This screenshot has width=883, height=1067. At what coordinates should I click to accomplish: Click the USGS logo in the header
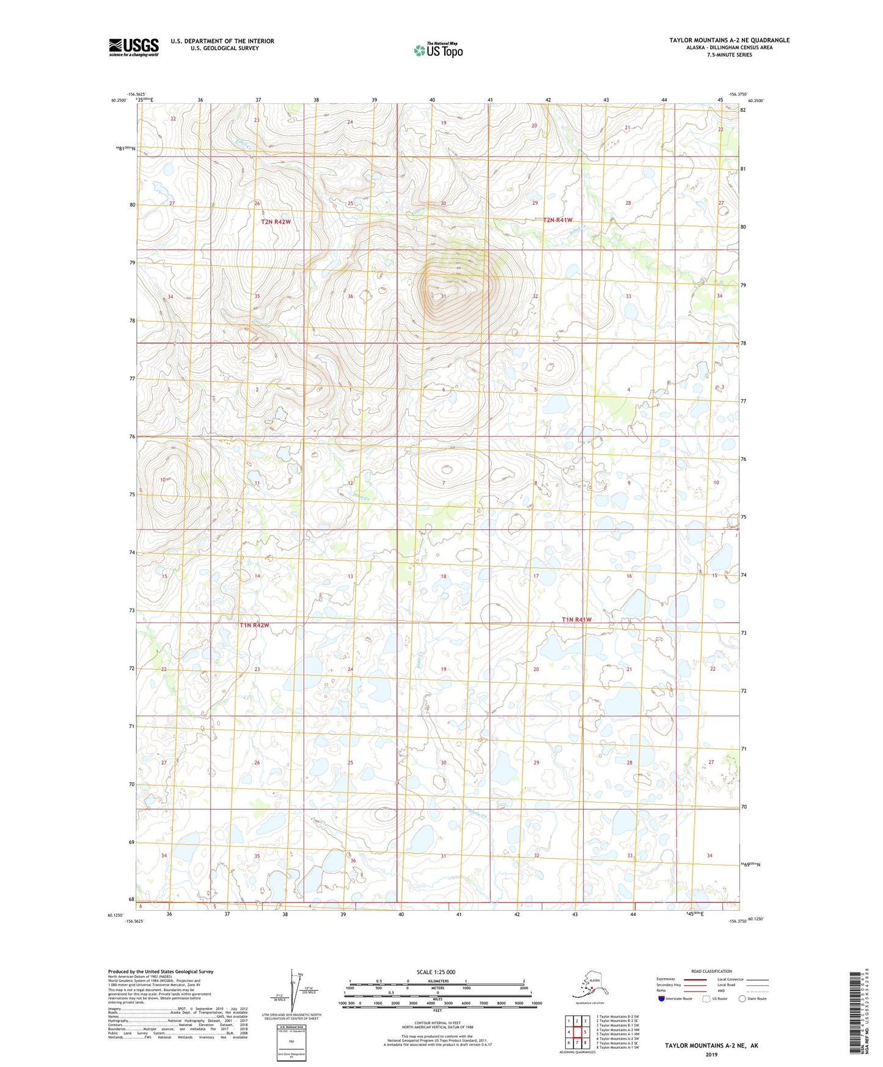click(x=133, y=47)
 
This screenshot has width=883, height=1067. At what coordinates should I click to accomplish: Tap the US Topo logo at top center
click(x=438, y=50)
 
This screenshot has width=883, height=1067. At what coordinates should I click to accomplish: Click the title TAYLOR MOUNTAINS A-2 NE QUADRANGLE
click(x=729, y=40)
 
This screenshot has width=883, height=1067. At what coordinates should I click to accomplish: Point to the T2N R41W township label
click(x=557, y=220)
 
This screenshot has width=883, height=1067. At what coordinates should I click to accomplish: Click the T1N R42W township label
click(x=254, y=625)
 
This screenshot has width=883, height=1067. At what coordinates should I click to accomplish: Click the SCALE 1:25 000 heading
click(x=436, y=972)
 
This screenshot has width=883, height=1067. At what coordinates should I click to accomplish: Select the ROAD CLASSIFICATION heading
click(x=711, y=971)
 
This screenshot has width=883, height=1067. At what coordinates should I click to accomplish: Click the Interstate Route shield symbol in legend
click(x=661, y=999)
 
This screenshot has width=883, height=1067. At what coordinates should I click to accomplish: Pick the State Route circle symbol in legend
click(x=742, y=999)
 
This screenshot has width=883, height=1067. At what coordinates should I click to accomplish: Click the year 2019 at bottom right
click(x=711, y=1054)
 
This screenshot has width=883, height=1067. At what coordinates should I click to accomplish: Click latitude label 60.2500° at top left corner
click(x=120, y=100)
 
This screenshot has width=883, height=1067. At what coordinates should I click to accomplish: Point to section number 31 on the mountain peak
click(x=444, y=296)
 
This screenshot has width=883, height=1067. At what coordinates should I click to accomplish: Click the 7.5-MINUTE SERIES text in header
click(x=729, y=55)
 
